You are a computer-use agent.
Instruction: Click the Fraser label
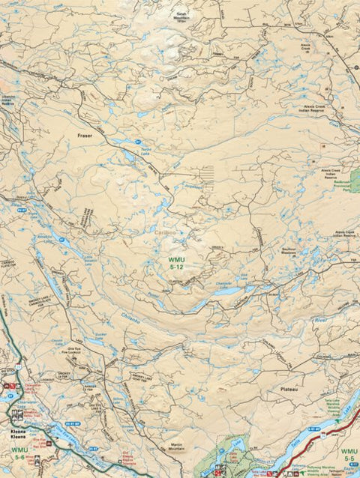pos(84,136)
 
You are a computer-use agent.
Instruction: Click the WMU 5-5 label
pos(348,456)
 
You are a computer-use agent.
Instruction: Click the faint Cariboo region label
pos(164,234)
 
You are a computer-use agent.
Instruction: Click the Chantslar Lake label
pos(223,285)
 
